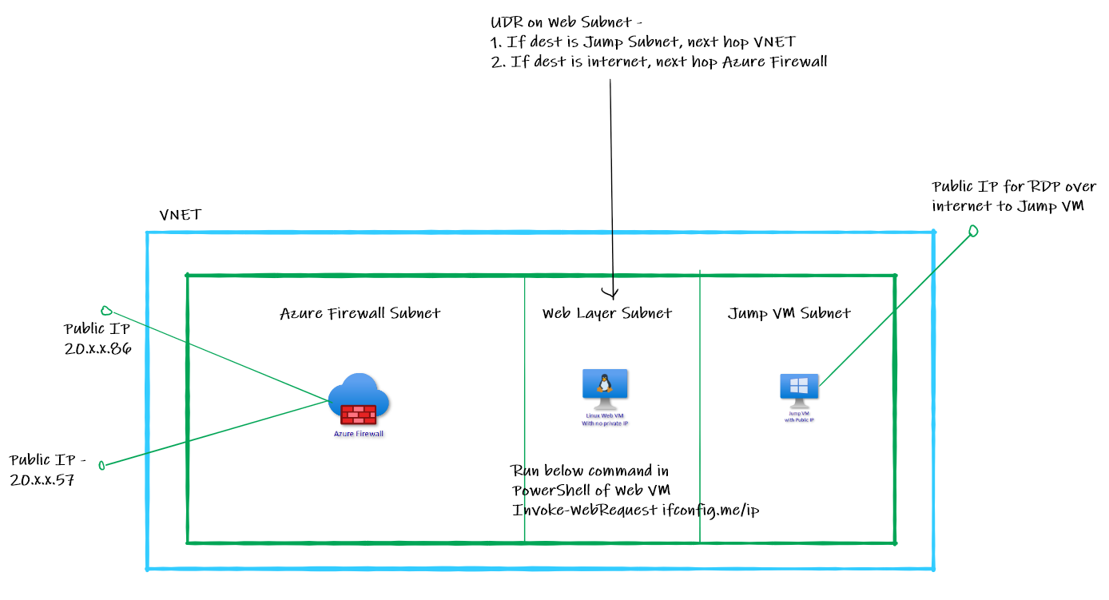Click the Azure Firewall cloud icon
[359, 398]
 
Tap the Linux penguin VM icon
[605, 387]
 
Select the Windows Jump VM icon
[799, 388]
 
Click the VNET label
[181, 215]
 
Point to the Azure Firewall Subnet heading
[360, 313]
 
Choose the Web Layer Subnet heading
[607, 313]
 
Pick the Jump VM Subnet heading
[789, 313]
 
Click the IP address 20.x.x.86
[98, 348]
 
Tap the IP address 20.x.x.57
[42, 480]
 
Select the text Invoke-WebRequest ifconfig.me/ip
[636, 510]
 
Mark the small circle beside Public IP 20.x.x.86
[105, 310]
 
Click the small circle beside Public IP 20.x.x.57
[101, 465]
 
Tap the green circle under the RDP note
[973, 231]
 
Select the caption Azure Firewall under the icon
[359, 434]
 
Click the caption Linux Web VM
[605, 416]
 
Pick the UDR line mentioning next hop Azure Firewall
[659, 62]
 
